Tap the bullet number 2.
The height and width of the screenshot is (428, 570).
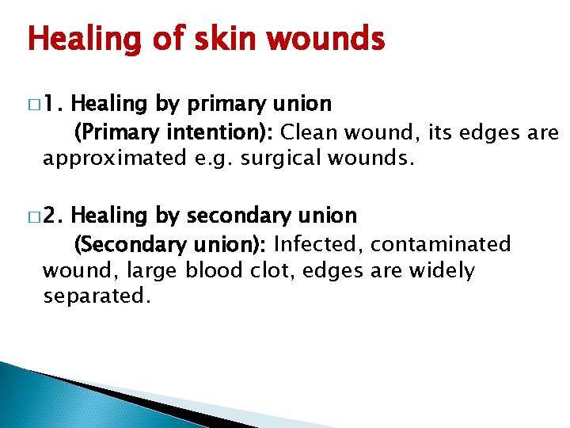point(55,216)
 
